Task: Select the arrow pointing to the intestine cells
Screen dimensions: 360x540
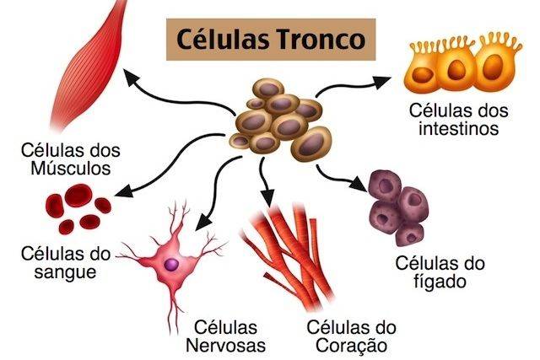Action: (x=355, y=84)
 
